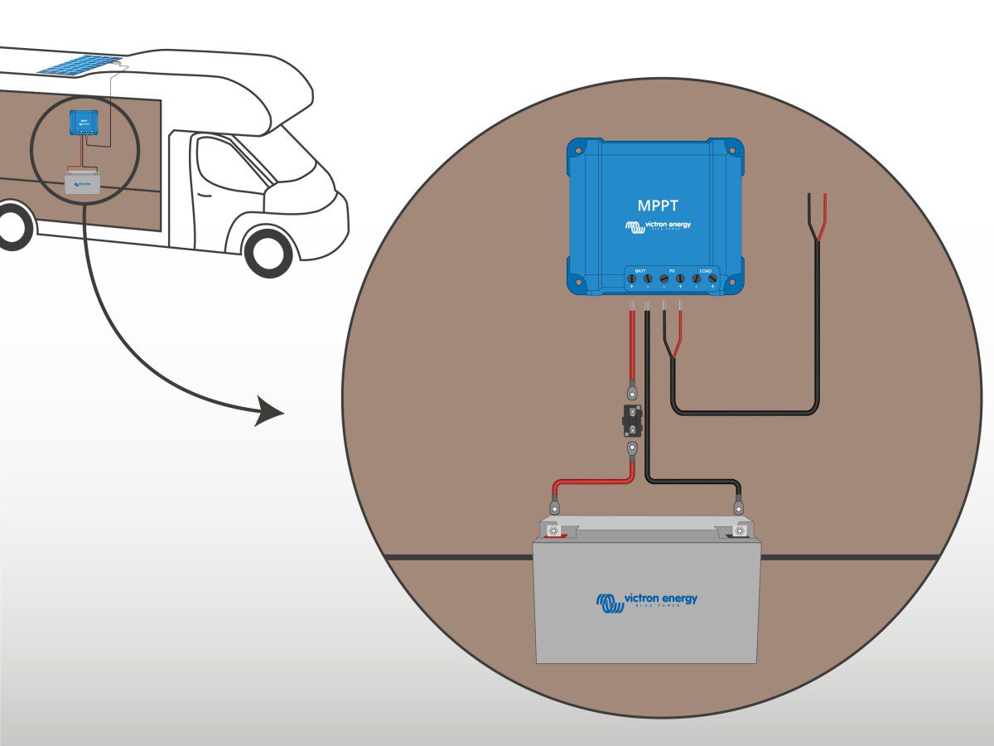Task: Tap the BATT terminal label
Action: (639, 271)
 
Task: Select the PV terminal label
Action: (672, 271)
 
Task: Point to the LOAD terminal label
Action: (705, 271)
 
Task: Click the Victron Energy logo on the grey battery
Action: (646, 601)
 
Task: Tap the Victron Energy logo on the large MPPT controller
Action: (658, 226)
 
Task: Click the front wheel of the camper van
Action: (268, 252)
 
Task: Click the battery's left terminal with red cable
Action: (553, 529)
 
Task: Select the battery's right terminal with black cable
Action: (737, 529)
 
